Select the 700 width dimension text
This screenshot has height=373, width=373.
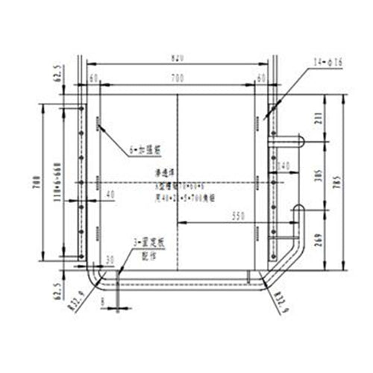pos(177,77)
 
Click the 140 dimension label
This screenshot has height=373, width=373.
pos(283,164)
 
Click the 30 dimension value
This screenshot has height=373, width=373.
pos(110,259)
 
